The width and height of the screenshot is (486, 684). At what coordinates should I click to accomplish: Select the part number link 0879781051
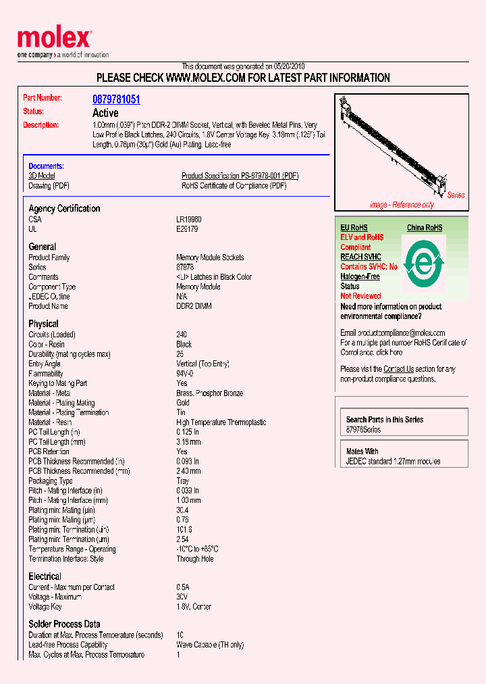click(x=116, y=99)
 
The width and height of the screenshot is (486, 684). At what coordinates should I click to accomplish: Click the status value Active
click(x=105, y=113)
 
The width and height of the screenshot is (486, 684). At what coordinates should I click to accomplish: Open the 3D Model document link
click(x=41, y=176)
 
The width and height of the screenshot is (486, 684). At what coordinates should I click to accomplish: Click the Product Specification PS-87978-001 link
click(x=240, y=176)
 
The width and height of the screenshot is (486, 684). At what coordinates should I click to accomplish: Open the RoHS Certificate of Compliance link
click(x=234, y=186)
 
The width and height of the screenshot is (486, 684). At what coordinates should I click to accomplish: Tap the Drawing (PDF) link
click(x=49, y=186)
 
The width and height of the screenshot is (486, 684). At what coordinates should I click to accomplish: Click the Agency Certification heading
click(x=64, y=209)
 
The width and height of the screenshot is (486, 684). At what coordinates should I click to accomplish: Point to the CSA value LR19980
click(x=189, y=220)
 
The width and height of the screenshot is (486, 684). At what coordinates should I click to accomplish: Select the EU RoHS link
click(x=354, y=228)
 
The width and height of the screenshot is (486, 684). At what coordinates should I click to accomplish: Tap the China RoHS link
click(x=425, y=228)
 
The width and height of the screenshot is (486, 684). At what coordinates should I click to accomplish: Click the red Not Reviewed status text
click(x=360, y=296)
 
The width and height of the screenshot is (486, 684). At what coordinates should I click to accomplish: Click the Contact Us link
click(x=398, y=369)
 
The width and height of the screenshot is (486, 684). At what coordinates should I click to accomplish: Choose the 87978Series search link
click(x=363, y=430)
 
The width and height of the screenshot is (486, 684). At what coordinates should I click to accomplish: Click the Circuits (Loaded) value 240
click(x=182, y=335)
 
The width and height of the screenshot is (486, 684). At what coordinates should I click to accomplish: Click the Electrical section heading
click(x=45, y=577)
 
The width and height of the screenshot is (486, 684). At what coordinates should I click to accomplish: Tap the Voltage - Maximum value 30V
click(x=182, y=597)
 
